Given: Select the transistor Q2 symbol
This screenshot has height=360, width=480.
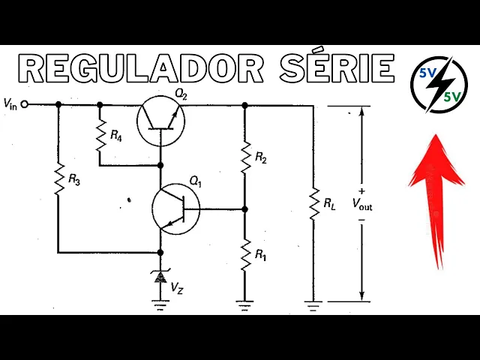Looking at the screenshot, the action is click(x=161, y=118).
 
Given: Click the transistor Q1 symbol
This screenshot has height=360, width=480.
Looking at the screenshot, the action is click(x=175, y=208).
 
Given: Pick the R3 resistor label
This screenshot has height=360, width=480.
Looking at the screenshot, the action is click(x=73, y=180).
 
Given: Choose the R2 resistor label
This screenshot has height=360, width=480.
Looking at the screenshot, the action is click(x=260, y=157).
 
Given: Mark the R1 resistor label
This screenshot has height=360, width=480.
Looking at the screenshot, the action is click(x=260, y=255).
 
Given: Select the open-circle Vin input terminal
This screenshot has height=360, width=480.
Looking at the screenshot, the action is click(x=25, y=105).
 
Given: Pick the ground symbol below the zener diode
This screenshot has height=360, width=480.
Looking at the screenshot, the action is click(x=159, y=303).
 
